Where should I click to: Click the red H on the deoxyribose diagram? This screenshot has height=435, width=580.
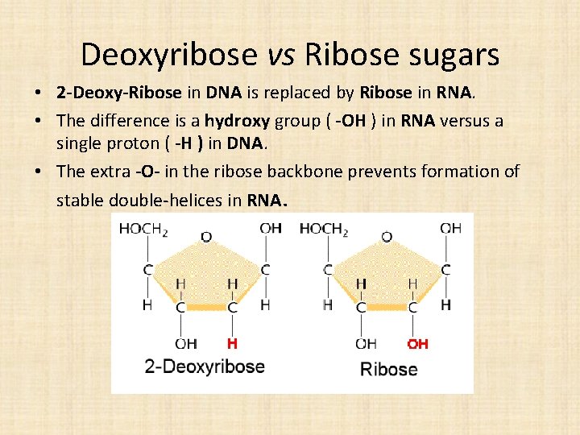pyautogui.click(x=232, y=344)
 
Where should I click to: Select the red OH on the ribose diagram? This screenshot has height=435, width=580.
pyautogui.click(x=417, y=344)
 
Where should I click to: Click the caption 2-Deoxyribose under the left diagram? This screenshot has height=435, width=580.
pyautogui.click(x=205, y=367)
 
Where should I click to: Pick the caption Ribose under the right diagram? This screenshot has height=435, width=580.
pyautogui.click(x=388, y=370)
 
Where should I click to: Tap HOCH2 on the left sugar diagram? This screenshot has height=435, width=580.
pyautogui.click(x=143, y=229)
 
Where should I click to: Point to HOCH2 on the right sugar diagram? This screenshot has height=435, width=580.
pyautogui.click(x=324, y=229)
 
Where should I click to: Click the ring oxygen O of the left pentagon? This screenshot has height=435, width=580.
pyautogui.click(x=206, y=237)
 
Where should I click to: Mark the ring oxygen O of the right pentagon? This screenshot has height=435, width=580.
pyautogui.click(x=387, y=237)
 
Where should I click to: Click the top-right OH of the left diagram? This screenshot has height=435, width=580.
pyautogui.click(x=271, y=229)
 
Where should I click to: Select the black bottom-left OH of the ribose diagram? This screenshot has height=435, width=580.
pyautogui.click(x=366, y=344)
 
